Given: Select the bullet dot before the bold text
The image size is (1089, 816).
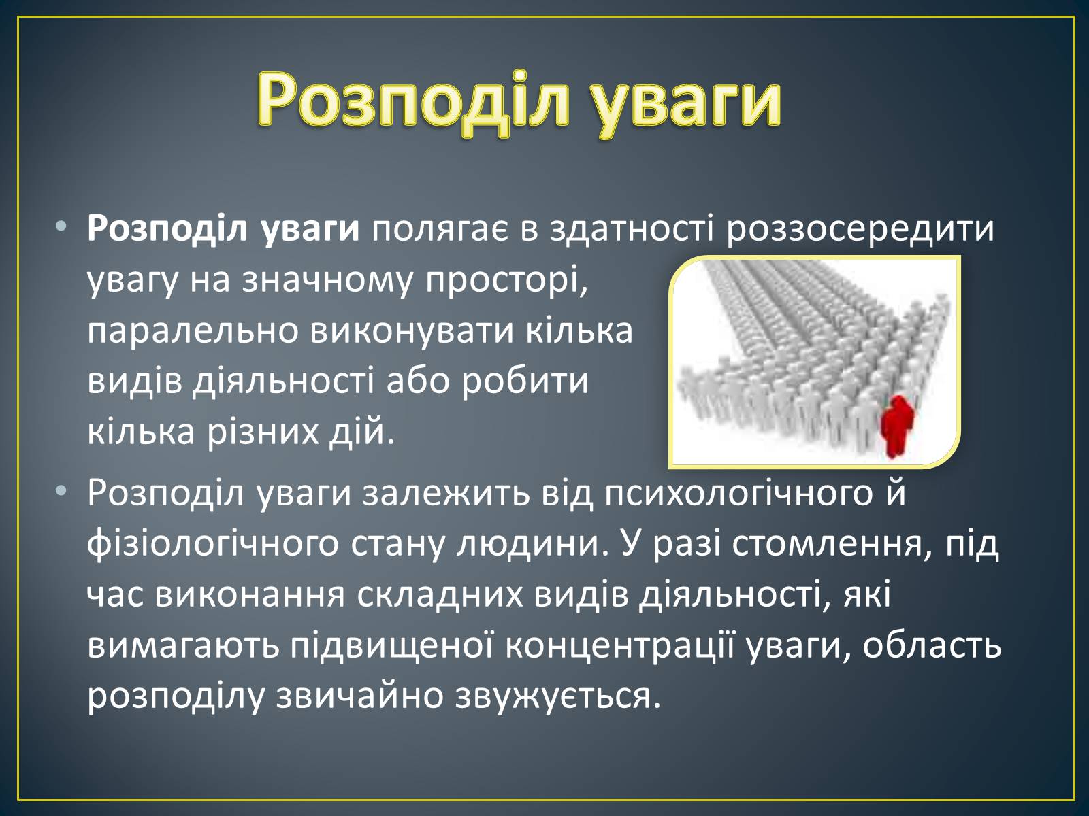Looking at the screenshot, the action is click(61, 227).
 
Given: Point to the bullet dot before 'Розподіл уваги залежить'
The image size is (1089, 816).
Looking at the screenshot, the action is click(61, 492).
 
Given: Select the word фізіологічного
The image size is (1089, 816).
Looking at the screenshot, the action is click(214, 545).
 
